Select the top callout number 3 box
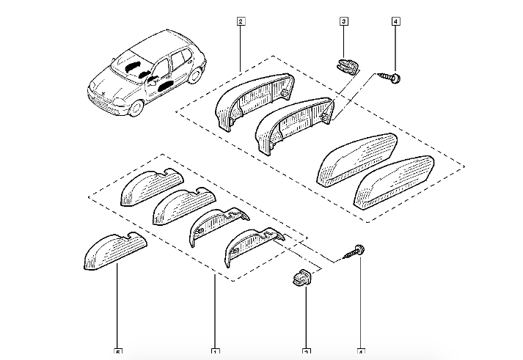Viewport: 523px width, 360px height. pyautogui.click(x=343, y=23)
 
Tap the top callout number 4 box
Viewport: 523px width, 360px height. pyautogui.click(x=395, y=23)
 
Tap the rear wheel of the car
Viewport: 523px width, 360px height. pyautogui.click(x=197, y=73)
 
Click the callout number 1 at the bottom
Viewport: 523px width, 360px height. pyautogui.click(x=214, y=351)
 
